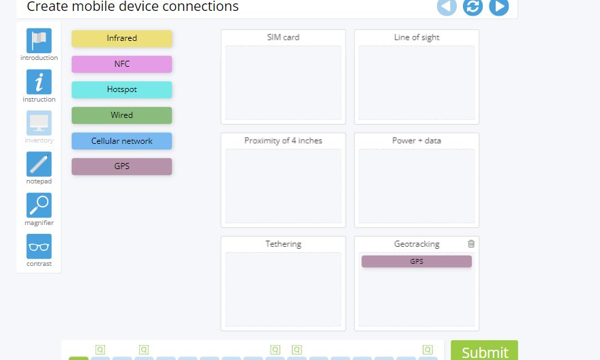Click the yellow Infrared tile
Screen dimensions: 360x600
tap(121, 39)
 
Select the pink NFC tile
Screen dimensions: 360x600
tap(121, 64)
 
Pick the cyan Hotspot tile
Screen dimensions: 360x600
tap(121, 90)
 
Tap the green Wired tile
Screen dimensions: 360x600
tap(121, 115)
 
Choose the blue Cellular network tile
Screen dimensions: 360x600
tap(121, 141)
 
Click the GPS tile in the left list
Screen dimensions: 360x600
tap(121, 166)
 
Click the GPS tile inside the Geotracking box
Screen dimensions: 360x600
tap(416, 261)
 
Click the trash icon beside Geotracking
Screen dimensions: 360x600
tap(471, 243)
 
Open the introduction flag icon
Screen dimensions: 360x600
tap(39, 41)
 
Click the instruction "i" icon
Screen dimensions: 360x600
tap(39, 82)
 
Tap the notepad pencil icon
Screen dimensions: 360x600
tap(39, 164)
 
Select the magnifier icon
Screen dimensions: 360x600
tap(39, 205)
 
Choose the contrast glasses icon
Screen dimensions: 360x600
tap(39, 247)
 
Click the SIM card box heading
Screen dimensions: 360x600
tap(283, 37)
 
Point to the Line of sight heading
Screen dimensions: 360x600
tap(417, 37)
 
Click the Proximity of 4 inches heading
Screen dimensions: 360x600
tap(283, 140)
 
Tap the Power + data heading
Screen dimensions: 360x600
tap(417, 140)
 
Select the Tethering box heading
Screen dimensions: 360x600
tap(283, 244)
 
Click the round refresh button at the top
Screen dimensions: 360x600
tap(472, 7)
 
